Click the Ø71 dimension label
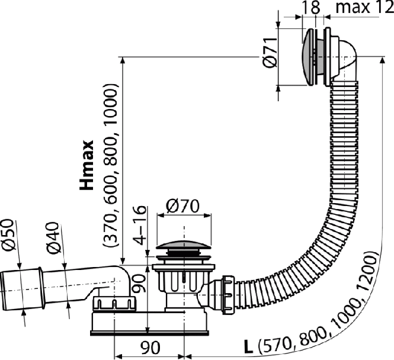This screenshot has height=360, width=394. click(x=270, y=53)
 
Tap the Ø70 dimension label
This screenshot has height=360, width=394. click(x=182, y=206)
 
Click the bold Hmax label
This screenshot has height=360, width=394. click(x=87, y=165)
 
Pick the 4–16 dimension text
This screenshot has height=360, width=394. click(x=140, y=225)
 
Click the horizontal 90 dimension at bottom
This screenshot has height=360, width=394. click(x=150, y=348)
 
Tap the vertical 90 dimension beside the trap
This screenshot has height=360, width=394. click(x=139, y=284)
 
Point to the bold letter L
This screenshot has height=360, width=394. click(x=248, y=348)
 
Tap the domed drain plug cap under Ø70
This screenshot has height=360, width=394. click(x=183, y=245)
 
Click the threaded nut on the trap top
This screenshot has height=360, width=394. click(x=114, y=304)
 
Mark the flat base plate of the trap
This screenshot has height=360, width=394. click(x=149, y=333)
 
